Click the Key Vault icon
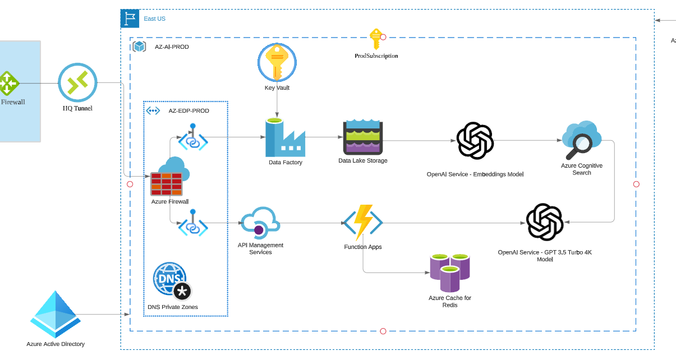click(277, 62)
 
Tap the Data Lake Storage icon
click(362, 137)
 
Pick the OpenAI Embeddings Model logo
click(475, 141)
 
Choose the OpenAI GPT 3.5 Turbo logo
click(544, 222)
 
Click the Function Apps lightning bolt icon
click(363, 223)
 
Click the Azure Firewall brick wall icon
click(167, 182)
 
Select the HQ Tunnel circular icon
click(77, 82)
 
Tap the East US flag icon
click(130, 19)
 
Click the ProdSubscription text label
click(376, 56)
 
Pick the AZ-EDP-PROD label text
click(188, 111)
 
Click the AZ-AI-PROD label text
click(172, 47)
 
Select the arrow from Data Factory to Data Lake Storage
click(324, 137)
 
